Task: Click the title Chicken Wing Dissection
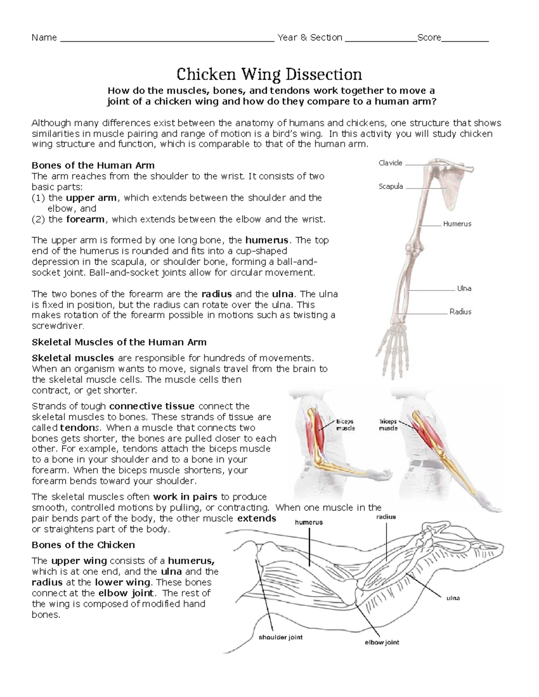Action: tap(269, 74)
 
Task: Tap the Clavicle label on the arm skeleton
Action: tap(390, 163)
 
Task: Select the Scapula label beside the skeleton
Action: tap(390, 186)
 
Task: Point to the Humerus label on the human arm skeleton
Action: tap(457, 224)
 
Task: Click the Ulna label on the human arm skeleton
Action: tap(464, 288)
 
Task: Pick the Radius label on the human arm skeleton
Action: tap(460, 311)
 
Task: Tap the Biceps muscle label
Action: tap(345, 425)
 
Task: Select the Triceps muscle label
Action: tap(388, 425)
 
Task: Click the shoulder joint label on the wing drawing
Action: tap(280, 637)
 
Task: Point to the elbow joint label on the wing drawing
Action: tap(382, 642)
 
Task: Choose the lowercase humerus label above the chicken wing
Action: tap(309, 522)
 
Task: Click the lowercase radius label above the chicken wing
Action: tap(386, 517)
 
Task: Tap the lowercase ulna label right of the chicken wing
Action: tap(453, 598)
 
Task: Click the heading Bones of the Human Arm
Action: tap(93, 165)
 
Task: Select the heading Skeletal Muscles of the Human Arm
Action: tap(119, 342)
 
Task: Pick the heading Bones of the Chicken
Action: tap(83, 545)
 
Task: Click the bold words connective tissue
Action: tap(152, 406)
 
